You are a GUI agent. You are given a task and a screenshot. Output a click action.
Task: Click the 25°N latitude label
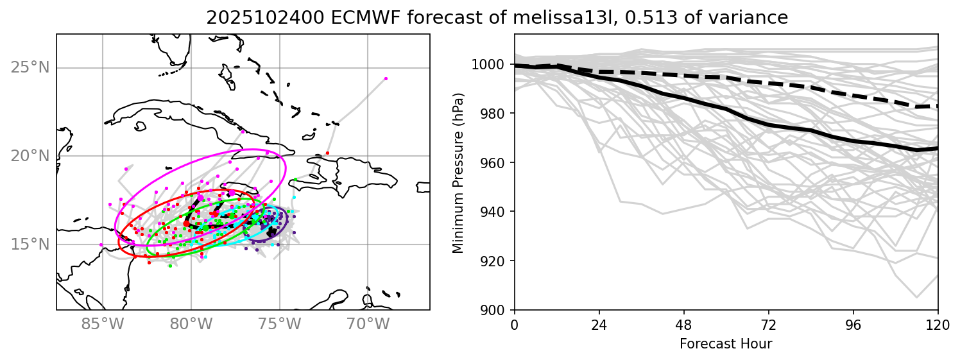pos(31,67)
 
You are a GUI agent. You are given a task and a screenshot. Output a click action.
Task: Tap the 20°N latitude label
pos(31,156)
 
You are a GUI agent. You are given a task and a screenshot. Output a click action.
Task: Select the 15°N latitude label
pos(31,244)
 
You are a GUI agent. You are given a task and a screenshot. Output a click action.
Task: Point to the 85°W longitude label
pos(103,325)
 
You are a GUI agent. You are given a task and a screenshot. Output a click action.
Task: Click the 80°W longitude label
pos(191,325)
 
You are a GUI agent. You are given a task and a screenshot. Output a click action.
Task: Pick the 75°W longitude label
pos(279,325)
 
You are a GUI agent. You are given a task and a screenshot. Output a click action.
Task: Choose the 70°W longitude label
pos(368,325)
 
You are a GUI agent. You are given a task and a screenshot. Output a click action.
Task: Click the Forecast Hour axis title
pos(726,344)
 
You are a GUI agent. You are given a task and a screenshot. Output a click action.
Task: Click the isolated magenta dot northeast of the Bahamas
pos(386,78)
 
